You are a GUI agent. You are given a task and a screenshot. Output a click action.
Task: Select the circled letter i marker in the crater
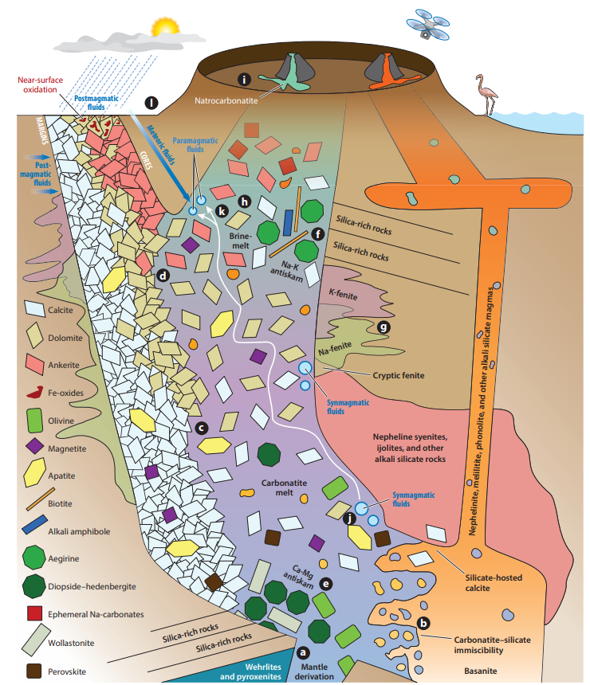pyautogui.click(x=246, y=79)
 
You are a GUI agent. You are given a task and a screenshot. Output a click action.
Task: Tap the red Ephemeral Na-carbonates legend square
pyautogui.click(x=34, y=613)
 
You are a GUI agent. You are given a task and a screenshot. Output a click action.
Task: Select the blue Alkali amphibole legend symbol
pyautogui.click(x=34, y=529)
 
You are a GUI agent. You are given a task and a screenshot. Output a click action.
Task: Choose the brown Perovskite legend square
pyautogui.click(x=34, y=670)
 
